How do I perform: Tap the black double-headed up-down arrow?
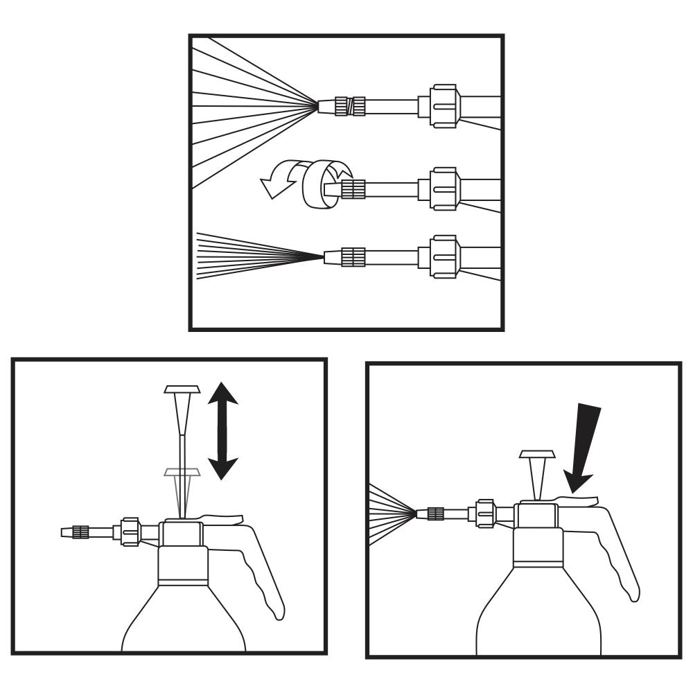tap(223, 430)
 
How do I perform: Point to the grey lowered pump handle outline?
tap(181, 473)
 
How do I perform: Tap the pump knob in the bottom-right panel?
tap(538, 455)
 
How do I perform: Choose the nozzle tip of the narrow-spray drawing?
tap(331, 257)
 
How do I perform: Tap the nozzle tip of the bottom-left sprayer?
tap(67, 532)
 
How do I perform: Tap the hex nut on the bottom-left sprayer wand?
tap(131, 532)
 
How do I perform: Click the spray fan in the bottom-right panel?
tap(388, 514)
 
